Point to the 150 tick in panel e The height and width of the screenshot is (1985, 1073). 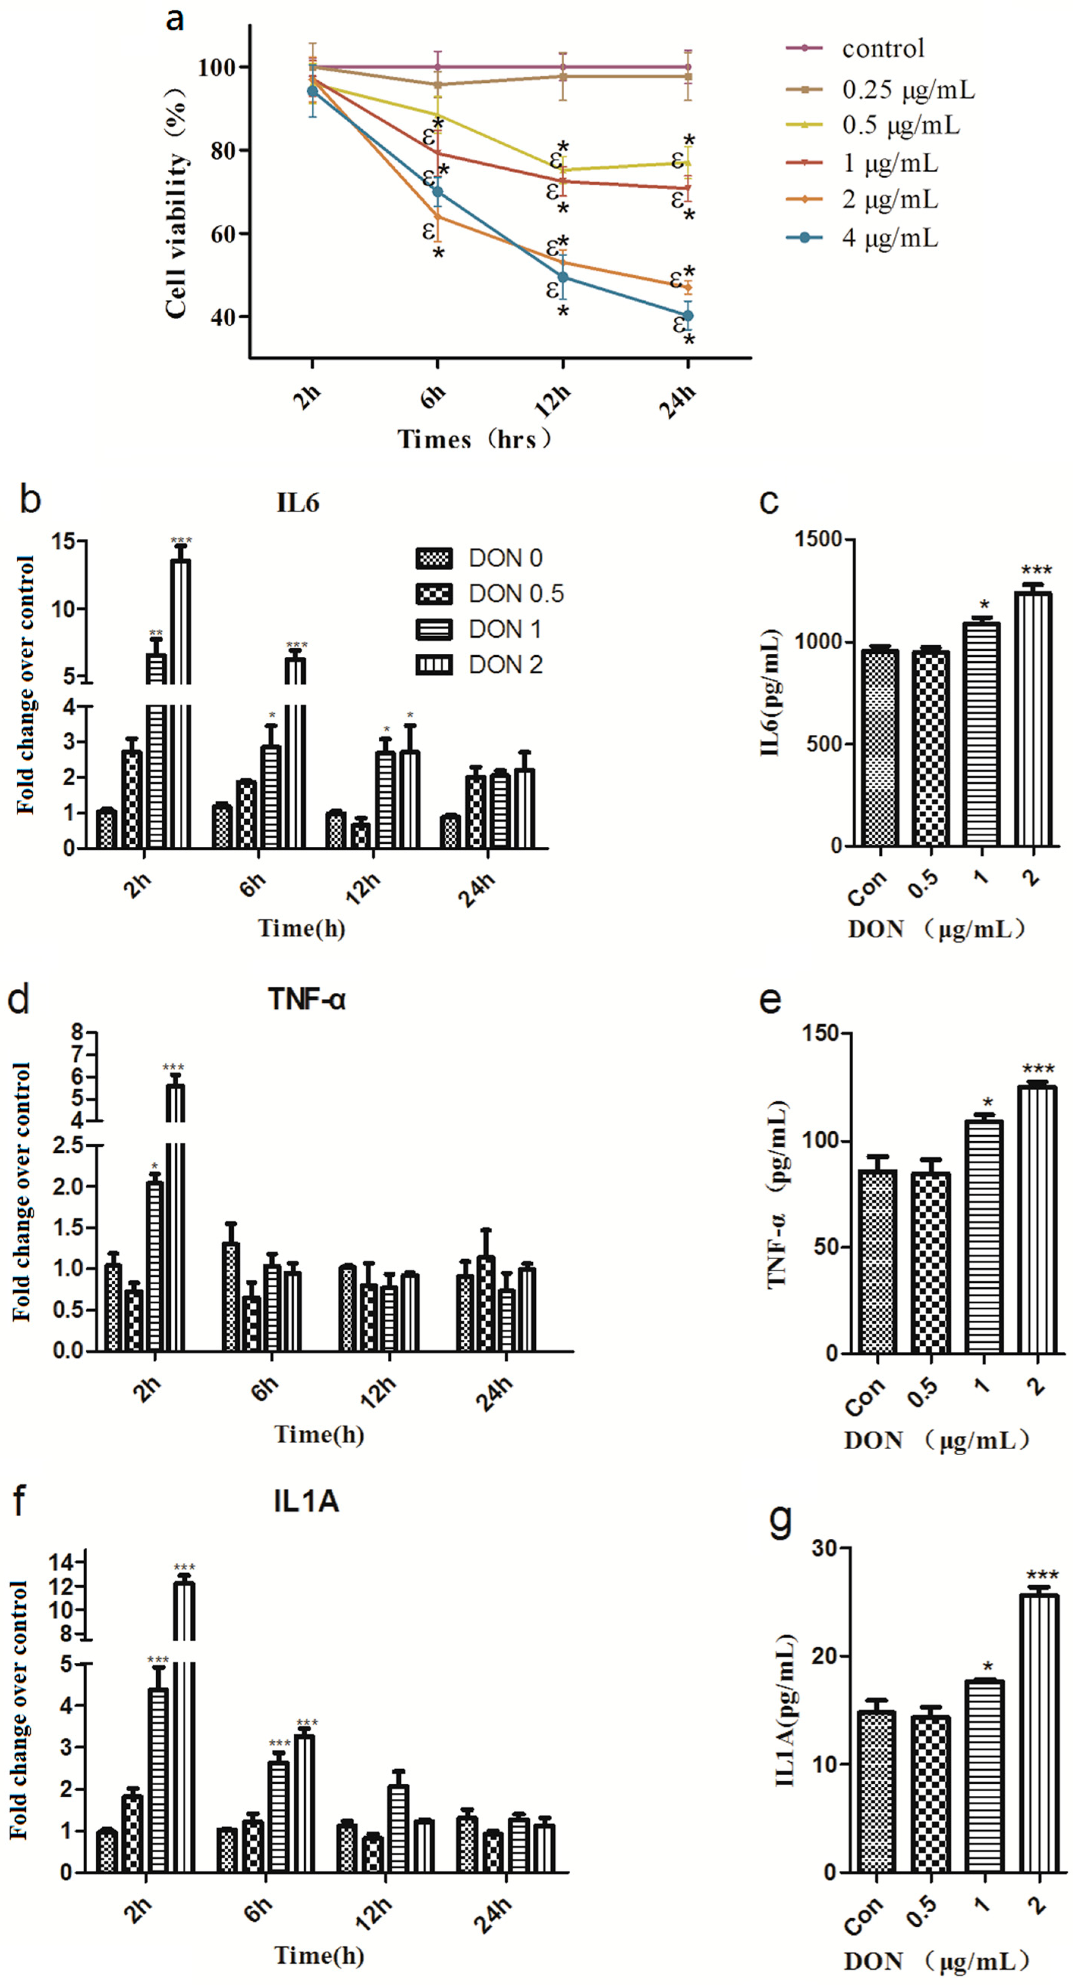(x=823, y=1033)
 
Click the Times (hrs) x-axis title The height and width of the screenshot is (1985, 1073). (x=475, y=439)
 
